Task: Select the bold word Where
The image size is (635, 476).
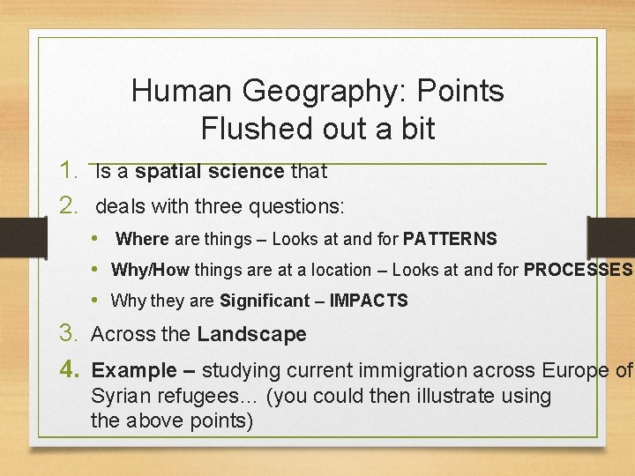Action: click(142, 239)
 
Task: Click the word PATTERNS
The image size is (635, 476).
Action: click(450, 239)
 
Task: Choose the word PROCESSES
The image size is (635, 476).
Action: click(578, 270)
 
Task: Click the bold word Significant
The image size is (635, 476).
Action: click(262, 301)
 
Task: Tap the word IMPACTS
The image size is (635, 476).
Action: click(369, 301)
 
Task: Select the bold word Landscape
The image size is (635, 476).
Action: click(251, 334)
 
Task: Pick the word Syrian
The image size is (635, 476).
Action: click(120, 396)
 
